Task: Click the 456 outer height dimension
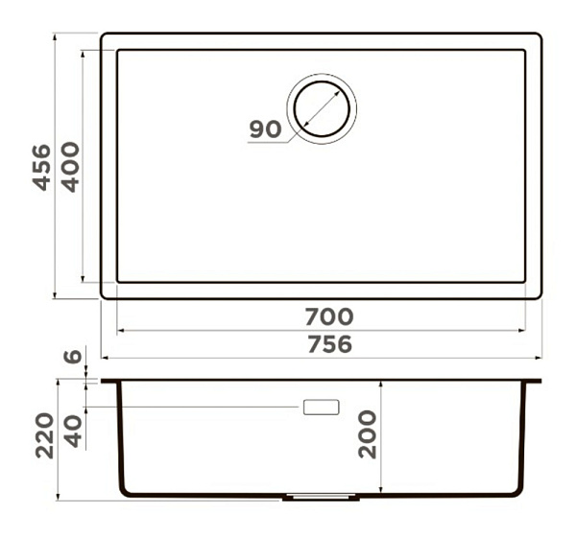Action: click(42, 168)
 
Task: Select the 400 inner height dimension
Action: click(70, 167)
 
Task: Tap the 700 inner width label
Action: click(329, 316)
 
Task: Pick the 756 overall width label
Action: click(329, 344)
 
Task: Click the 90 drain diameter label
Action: click(265, 129)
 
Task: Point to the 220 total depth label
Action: click(44, 435)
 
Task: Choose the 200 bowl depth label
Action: click(368, 434)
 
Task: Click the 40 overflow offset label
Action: click(73, 432)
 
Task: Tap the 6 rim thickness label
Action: click(72, 357)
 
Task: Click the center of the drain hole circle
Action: click(322, 109)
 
